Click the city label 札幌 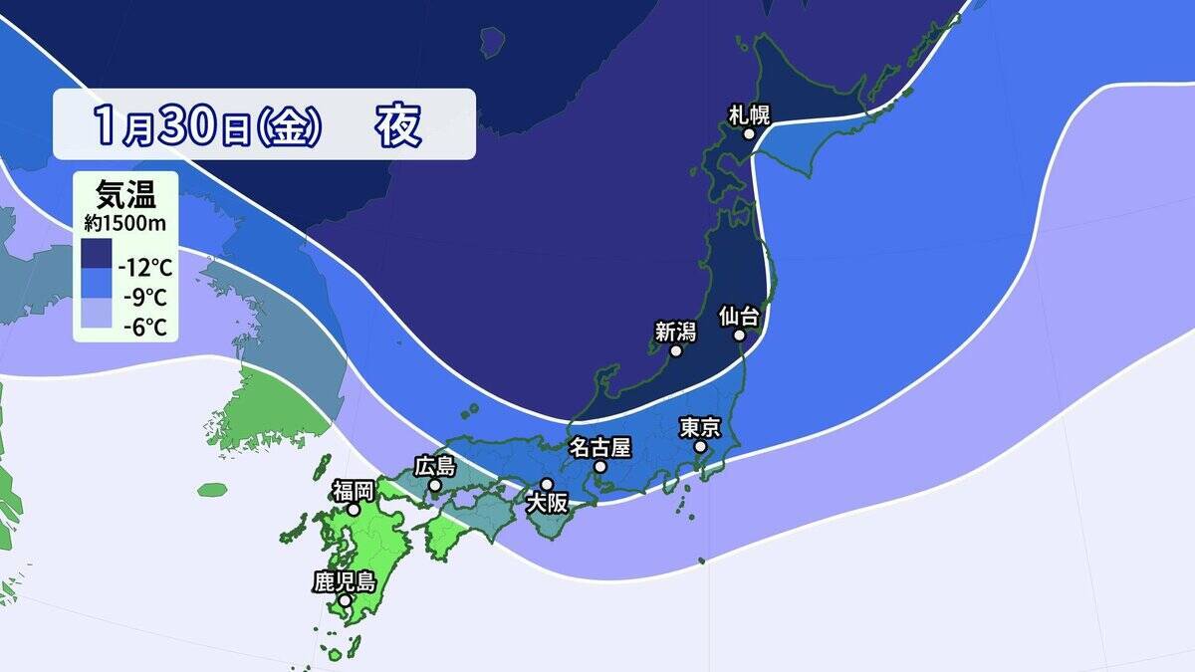[x=750, y=113]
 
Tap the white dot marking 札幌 [x=748, y=133]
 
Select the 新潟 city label [x=674, y=333]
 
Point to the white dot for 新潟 [x=676, y=351]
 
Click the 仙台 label [x=739, y=317]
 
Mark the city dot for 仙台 [x=740, y=336]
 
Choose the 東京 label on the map [x=700, y=428]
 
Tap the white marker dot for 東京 [x=700, y=448]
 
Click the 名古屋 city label [x=599, y=447]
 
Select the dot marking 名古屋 [x=599, y=466]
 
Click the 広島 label [x=434, y=466]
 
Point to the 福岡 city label [x=354, y=490]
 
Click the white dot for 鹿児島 [x=345, y=601]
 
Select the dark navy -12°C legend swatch [x=97, y=254]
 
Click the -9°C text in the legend [x=141, y=297]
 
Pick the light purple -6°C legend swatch [x=97, y=316]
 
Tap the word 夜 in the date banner [x=398, y=124]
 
